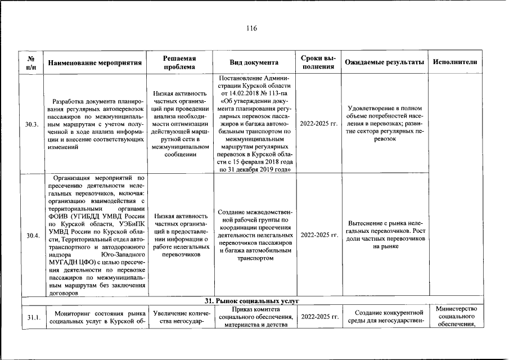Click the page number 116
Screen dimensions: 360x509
coord(251,29)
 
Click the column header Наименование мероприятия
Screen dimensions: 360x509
coord(94,62)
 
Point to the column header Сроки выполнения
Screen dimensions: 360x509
coord(318,62)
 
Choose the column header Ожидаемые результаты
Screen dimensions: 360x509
coord(385,62)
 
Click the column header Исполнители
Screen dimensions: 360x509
coord(455,62)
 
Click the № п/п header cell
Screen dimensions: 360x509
coord(31,62)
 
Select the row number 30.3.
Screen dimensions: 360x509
coord(31,124)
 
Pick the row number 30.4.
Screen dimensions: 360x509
coord(31,236)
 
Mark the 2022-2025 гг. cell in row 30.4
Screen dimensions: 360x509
coord(318,235)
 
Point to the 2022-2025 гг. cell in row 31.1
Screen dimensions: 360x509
coord(318,317)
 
